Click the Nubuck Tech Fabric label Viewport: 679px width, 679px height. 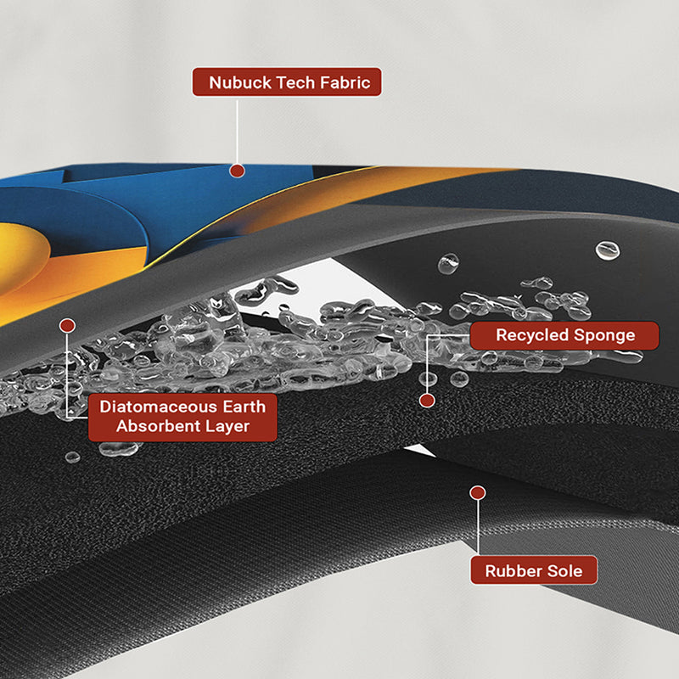287,81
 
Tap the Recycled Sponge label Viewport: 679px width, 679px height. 564,335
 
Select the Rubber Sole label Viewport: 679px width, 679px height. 534,570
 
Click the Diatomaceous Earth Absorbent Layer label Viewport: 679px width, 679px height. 182,417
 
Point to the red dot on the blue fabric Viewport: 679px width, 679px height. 237,171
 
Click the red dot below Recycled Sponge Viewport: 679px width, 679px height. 427,401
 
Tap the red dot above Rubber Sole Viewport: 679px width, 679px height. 478,493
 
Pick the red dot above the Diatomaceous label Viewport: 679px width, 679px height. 67,326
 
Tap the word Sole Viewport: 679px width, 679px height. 564,570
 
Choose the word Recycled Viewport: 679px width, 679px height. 532,335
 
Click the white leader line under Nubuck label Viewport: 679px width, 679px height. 237,132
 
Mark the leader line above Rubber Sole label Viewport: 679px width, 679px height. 478,527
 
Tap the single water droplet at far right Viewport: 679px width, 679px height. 608,250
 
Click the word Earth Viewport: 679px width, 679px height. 244,407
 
